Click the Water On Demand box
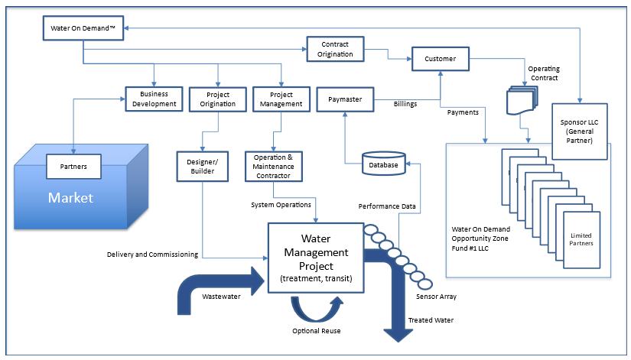coord(82,30)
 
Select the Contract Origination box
coord(335,50)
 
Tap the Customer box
coord(440,58)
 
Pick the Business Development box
coord(154,99)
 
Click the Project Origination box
coord(218,99)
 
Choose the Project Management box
coord(281,99)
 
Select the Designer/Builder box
coord(201,167)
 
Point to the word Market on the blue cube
coord(70,198)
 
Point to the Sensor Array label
coord(436,295)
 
